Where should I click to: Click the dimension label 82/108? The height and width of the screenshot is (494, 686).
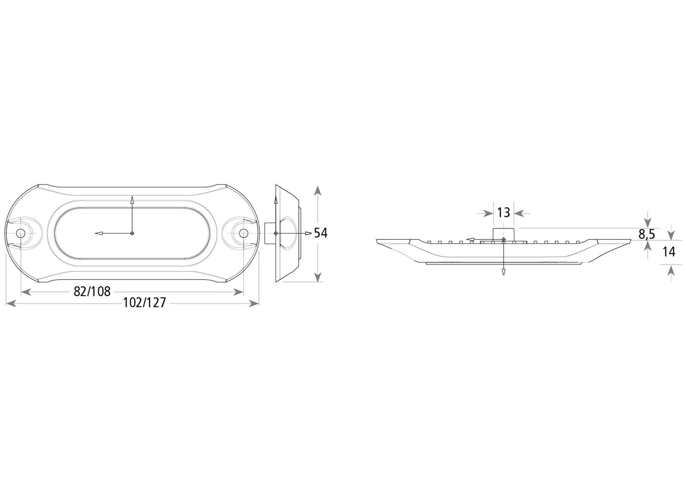coord(92,291)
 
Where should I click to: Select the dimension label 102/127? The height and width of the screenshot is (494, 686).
coord(144,303)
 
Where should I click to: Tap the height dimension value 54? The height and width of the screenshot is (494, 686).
coord(321,233)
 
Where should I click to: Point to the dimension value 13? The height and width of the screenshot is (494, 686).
coord(503,212)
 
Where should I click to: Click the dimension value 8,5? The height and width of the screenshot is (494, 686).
coord(646,234)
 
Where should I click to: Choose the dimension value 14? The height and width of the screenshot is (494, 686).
coord(669,252)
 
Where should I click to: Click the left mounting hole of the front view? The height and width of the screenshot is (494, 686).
coord(20,233)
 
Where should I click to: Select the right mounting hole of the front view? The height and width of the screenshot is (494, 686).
coord(243,233)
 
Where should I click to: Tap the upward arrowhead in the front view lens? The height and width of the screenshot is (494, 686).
coord(132,200)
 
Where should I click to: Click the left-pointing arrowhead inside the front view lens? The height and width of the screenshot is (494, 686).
coord(98,233)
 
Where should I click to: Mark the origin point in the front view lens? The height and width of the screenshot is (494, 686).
coord(132,233)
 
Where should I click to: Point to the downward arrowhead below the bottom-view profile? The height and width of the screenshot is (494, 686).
coord(503,271)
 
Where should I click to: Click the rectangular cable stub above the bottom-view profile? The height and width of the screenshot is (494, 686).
coord(504,233)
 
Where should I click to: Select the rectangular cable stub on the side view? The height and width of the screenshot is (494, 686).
coord(269,233)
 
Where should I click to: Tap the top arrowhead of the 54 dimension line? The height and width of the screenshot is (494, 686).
coord(318,190)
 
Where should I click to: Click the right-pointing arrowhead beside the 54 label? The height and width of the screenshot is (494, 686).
coord(309,233)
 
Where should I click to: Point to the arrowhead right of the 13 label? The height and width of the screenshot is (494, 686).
coord(519,213)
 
